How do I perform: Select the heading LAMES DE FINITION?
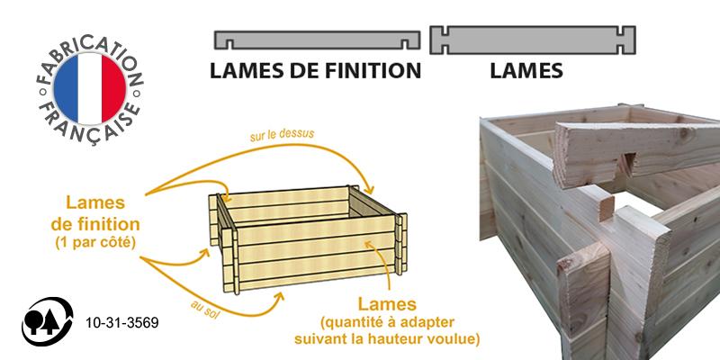315,70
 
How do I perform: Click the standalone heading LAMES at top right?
526,70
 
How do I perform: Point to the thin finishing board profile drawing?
317,40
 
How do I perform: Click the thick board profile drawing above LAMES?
533,40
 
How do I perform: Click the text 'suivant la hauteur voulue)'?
387,339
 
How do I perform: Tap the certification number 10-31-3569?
120,321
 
